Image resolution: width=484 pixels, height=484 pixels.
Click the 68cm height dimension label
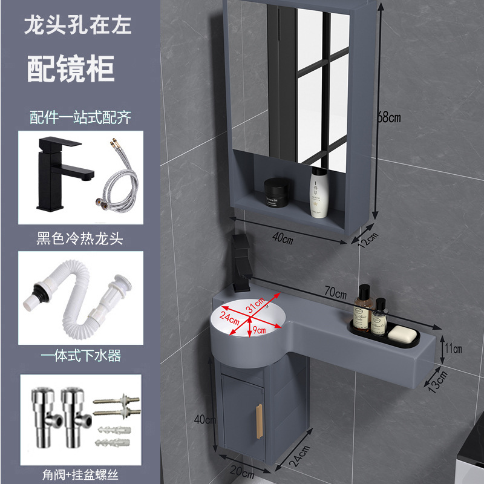[389, 117]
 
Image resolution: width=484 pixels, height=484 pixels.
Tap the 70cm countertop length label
[335, 292]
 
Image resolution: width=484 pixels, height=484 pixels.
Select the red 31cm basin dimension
[255, 305]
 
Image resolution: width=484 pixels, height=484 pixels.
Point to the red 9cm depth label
[260, 330]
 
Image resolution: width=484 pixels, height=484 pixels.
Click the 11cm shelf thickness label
[453, 348]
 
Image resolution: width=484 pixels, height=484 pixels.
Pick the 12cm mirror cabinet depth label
[368, 240]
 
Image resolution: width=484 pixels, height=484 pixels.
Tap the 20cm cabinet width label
[242, 471]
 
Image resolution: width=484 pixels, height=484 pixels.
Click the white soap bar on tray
[402, 335]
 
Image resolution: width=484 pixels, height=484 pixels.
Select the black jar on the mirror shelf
[276, 192]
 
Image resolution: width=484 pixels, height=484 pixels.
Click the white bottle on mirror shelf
[319, 192]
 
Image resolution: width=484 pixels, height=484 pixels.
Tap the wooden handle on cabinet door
[260, 421]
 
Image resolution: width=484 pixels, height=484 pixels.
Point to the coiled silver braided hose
[119, 177]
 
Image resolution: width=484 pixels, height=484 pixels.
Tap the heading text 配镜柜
[71, 68]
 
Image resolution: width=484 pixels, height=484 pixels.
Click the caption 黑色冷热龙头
[80, 238]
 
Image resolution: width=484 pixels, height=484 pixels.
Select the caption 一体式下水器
[81, 356]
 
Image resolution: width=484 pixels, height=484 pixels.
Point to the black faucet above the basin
[241, 263]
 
